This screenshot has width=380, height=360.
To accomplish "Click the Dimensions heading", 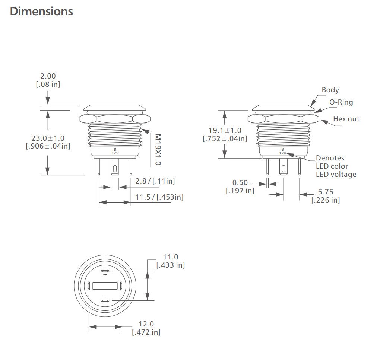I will click(x=41, y=12).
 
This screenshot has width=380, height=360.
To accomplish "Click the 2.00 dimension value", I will click(x=48, y=76).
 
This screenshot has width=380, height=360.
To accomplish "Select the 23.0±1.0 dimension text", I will click(x=48, y=138).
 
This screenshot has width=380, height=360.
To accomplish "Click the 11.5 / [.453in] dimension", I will click(x=159, y=197).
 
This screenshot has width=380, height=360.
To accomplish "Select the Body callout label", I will click(x=330, y=90).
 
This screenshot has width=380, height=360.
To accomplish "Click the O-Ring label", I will click(x=341, y=102).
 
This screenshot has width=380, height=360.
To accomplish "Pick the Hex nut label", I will click(x=346, y=119).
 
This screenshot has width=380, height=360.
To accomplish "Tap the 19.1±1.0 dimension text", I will click(x=225, y=130).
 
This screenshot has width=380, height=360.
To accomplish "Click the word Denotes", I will click(x=330, y=158).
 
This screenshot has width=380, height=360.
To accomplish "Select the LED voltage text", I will click(x=336, y=174).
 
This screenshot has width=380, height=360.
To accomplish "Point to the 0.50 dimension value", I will click(x=240, y=182).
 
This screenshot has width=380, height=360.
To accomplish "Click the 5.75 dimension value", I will click(x=325, y=192).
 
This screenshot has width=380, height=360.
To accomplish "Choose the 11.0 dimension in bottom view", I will click(x=171, y=257).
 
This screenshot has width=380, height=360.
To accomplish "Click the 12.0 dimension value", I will click(x=146, y=324).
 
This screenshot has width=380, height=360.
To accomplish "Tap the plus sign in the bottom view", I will click(x=105, y=275).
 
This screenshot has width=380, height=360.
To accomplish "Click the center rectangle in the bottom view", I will click(x=105, y=286).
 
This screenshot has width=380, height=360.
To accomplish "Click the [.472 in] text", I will click(x=146, y=332).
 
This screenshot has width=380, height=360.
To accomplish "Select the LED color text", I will click(x=332, y=166).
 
